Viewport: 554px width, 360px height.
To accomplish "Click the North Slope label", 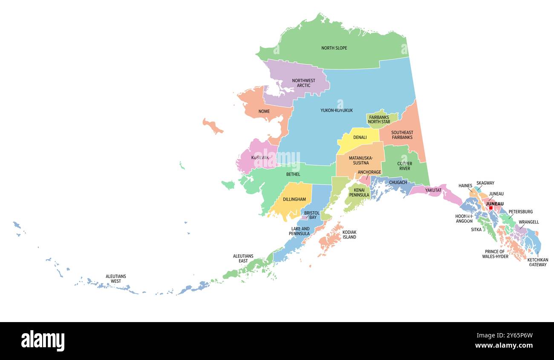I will click(x=334, y=48).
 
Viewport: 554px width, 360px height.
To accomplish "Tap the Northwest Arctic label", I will click(x=303, y=83).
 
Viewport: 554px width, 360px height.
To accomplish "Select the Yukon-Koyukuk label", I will click(x=336, y=110).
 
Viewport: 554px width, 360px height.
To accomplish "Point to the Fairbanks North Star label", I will click(x=379, y=119).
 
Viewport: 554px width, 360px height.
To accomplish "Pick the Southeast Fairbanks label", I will click(x=402, y=135).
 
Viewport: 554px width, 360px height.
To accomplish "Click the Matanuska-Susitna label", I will click(x=361, y=160).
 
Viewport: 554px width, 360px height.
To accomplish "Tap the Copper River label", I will click(x=404, y=166).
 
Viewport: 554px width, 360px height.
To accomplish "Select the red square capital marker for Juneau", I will click(x=491, y=208).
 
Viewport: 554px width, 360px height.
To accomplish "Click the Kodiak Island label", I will click(x=349, y=234).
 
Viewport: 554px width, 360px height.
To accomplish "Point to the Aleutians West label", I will click(x=115, y=279).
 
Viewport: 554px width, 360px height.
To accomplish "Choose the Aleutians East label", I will click(x=243, y=258).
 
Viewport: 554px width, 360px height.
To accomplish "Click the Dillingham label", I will click(x=294, y=199).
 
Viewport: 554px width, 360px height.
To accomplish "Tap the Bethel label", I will click(x=293, y=174).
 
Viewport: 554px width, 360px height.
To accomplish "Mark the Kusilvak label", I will click(x=260, y=158).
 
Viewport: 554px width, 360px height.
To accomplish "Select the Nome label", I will click(x=264, y=112).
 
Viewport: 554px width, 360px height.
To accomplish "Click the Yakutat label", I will click(x=433, y=190).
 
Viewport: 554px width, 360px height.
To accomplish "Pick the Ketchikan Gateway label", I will click(x=537, y=262).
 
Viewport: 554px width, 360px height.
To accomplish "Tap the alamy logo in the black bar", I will click(x=43, y=341).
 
